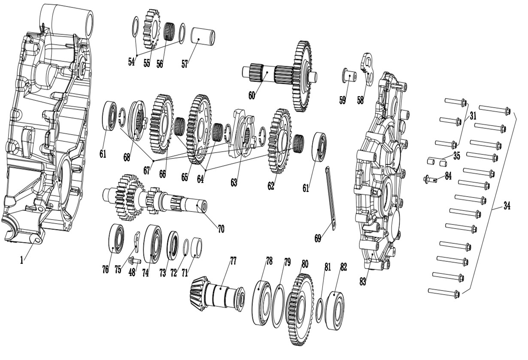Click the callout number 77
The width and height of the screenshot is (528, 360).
[x=233, y=260]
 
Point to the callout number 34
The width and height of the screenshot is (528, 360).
[x=507, y=206]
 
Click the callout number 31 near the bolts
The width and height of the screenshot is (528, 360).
[x=473, y=116]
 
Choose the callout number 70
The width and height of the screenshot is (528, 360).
[x=221, y=229]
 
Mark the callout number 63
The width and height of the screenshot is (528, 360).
[x=234, y=183]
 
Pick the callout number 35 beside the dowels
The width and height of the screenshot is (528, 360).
[x=456, y=156]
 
